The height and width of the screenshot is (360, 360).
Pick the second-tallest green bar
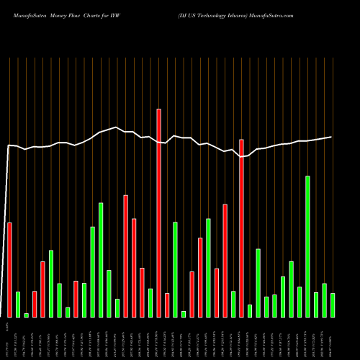coord(101,259)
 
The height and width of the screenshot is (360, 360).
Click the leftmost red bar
coord(10,269)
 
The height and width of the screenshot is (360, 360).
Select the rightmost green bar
coord(333,305)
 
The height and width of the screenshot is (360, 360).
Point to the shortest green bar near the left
coord(27,315)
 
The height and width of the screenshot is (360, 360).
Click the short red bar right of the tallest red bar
coord(167,305)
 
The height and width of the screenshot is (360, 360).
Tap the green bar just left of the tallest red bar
coord(150,302)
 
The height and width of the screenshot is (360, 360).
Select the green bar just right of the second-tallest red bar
coord(250,310)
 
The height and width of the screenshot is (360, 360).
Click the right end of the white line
coord(332,137)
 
